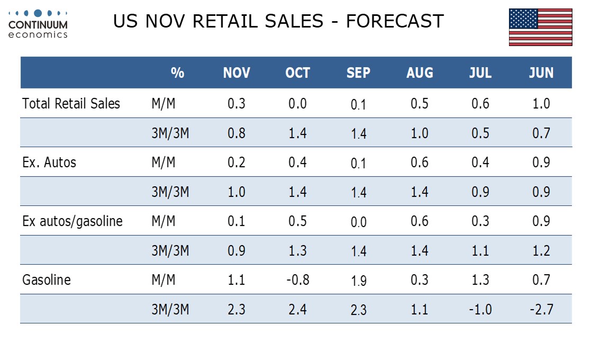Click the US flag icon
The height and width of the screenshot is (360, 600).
(x=540, y=27)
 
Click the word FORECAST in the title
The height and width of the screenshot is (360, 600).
(x=395, y=21)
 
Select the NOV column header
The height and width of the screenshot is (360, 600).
(x=237, y=73)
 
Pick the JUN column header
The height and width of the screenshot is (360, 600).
(x=541, y=73)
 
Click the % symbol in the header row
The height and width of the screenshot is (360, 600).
(x=178, y=73)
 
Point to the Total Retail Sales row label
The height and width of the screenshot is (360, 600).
(x=71, y=103)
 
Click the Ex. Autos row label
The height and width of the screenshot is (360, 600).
(x=49, y=162)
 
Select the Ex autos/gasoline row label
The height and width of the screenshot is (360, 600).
(x=72, y=221)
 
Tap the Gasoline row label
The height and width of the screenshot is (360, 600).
(x=47, y=280)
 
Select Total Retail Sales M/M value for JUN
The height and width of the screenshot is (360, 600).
(x=541, y=103)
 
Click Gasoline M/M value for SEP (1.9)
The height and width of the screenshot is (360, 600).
(x=359, y=281)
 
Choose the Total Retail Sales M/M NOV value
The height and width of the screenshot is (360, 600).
(x=237, y=103)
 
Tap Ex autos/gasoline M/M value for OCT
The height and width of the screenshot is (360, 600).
(x=298, y=221)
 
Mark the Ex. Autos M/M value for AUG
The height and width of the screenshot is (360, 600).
(x=420, y=162)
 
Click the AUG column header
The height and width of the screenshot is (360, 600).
(x=420, y=73)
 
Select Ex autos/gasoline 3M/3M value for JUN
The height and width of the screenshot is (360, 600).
(x=541, y=250)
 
